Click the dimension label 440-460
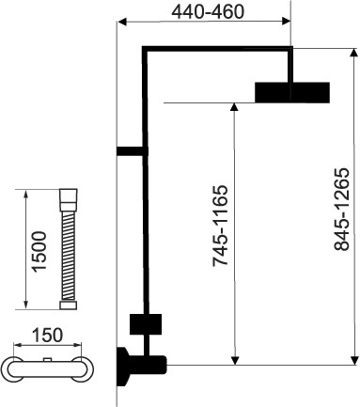tap(208, 12)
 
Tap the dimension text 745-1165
tap(220, 226)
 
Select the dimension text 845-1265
tap(341, 210)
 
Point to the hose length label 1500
tap(39, 251)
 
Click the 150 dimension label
tap(47, 335)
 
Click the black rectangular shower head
tap(292, 92)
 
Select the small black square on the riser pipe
tap(146, 324)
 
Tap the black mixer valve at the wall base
tap(141, 367)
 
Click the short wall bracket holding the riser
tap(132, 151)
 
